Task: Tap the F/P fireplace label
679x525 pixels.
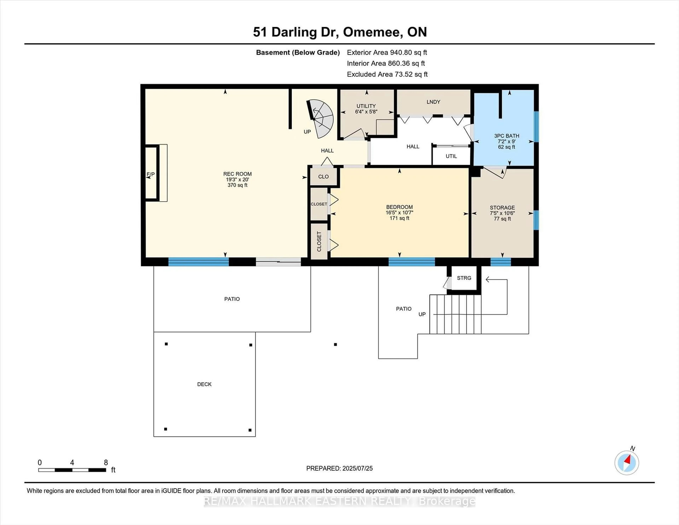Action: (150, 174)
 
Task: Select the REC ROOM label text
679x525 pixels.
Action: (237, 174)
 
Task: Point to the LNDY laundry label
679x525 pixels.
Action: (433, 102)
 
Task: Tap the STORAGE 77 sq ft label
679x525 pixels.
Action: (502, 213)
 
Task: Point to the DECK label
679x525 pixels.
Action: (204, 384)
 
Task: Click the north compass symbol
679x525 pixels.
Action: (626, 463)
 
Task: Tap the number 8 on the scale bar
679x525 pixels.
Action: (106, 463)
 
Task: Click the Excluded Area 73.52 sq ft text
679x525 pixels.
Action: (387, 74)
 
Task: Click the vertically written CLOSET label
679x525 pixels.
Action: (319, 241)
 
